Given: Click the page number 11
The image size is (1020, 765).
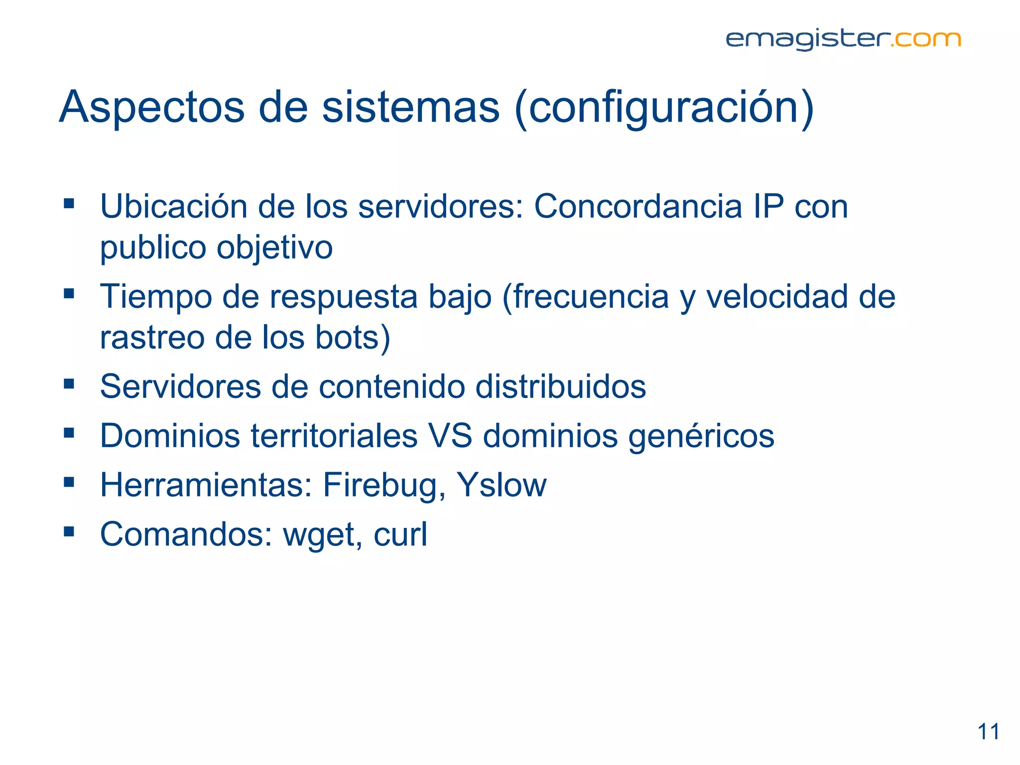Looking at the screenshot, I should click(x=988, y=732).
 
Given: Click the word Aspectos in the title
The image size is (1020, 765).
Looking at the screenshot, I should click(x=152, y=107).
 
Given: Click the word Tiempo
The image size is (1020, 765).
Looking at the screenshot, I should click(x=155, y=297).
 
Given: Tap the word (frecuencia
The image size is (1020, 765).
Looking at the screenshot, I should click(x=586, y=297).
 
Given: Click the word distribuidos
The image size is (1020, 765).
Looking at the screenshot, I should click(x=560, y=386).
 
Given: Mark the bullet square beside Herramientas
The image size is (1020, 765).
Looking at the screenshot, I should click(x=69, y=482).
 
